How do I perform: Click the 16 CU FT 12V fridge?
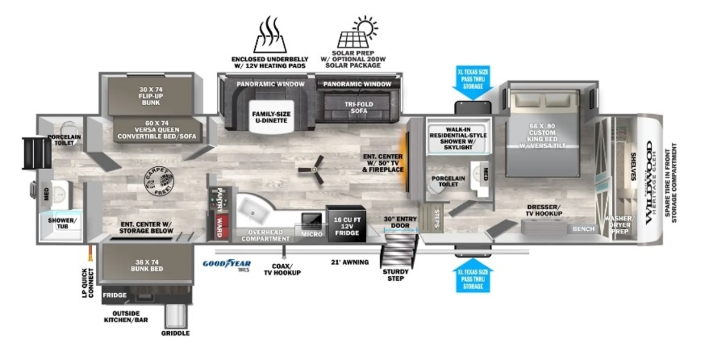tap(346, 225)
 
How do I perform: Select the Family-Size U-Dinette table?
tap(269, 117)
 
